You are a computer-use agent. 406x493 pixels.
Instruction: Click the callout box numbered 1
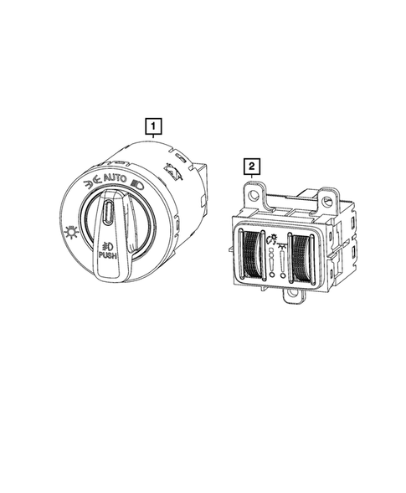153,126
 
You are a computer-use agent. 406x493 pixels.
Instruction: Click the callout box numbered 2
252,166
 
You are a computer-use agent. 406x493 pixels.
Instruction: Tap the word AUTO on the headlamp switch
115,178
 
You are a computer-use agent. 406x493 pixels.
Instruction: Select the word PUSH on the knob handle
107,255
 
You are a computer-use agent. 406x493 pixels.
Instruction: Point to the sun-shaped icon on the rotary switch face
71,233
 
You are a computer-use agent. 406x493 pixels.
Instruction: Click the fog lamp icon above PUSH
107,245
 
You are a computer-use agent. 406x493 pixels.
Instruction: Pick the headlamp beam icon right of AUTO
137,184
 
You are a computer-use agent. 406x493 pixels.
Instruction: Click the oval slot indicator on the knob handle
108,212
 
